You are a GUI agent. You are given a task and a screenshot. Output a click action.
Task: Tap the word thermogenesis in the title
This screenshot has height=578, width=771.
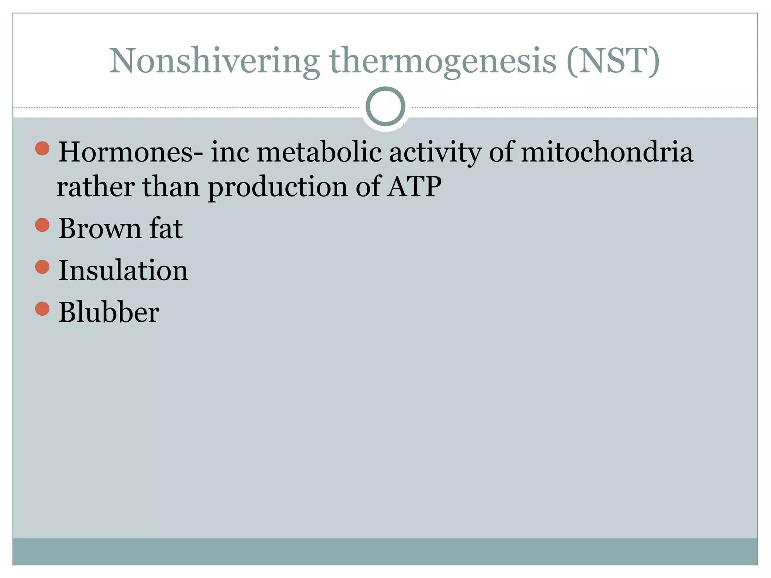pyautogui.click(x=443, y=61)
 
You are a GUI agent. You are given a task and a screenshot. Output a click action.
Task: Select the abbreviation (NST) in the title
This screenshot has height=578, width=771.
pyautogui.click(x=613, y=61)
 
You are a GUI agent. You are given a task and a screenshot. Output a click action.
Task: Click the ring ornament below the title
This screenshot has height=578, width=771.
pyautogui.click(x=385, y=106)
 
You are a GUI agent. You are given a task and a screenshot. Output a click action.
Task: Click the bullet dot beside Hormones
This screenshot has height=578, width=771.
pyautogui.click(x=42, y=148)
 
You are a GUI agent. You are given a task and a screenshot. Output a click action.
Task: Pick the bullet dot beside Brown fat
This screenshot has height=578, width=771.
pyautogui.click(x=42, y=225)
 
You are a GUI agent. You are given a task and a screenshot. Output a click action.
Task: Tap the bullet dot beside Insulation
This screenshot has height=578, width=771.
pyautogui.click(x=42, y=267)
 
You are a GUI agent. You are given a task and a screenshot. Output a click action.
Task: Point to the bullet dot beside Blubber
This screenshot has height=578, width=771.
pyautogui.click(x=42, y=309)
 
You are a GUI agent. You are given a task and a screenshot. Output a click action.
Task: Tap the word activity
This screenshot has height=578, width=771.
pyautogui.click(x=435, y=152)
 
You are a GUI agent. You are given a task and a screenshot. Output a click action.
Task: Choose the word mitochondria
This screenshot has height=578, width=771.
pyautogui.click(x=607, y=152)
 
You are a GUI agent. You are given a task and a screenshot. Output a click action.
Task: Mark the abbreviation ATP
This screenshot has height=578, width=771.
pyautogui.click(x=414, y=187)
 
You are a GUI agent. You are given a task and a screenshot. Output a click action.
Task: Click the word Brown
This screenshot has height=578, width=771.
pyautogui.click(x=100, y=229)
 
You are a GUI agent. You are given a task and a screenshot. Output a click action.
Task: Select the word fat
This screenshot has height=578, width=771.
pyautogui.click(x=166, y=229)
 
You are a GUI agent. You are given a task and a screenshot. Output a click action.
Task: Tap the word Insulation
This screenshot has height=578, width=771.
pyautogui.click(x=123, y=271)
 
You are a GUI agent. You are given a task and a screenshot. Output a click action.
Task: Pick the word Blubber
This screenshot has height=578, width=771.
pyautogui.click(x=109, y=312)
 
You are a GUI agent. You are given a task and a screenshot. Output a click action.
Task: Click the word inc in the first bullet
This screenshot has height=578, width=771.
pyautogui.click(x=230, y=152)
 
